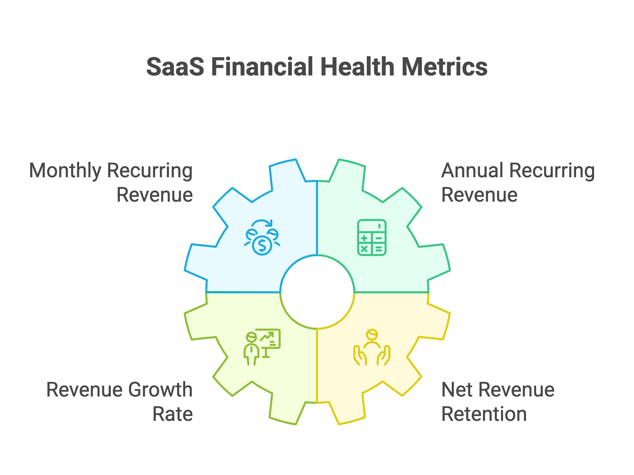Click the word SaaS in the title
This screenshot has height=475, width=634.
pos(175,67)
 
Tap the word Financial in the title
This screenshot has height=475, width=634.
pos(262,67)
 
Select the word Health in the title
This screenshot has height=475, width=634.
pos(357,67)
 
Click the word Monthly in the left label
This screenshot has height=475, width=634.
pos(65,171)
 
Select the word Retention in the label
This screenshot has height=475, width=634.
pos(484,414)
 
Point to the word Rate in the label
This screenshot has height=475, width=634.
pos(172,414)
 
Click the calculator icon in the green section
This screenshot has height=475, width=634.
pos(372,237)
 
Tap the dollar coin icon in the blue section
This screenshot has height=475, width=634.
pos(262,245)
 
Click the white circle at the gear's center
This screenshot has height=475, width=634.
pos(317,292)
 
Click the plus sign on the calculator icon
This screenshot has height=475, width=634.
pos(364,239)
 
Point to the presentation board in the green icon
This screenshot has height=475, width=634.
pos(270,338)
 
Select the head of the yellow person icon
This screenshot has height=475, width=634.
pos(372,334)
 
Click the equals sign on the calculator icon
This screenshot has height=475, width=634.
pos(379,249)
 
